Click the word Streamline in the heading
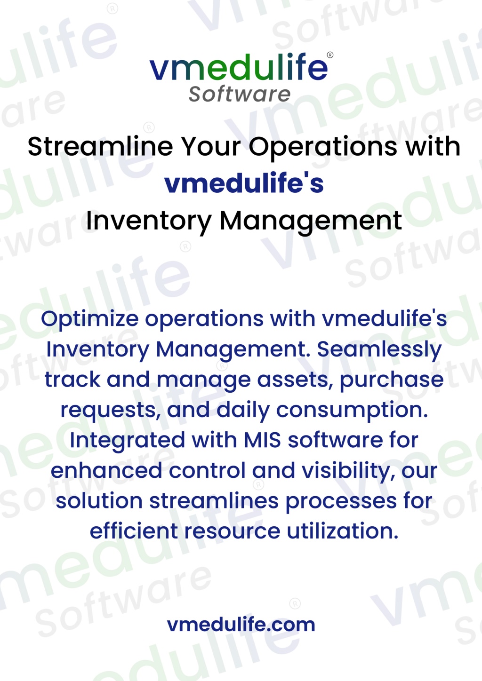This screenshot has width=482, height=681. [x=100, y=147]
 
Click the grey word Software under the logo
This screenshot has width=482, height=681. [x=240, y=94]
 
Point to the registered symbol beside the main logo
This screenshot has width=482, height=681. [x=330, y=55]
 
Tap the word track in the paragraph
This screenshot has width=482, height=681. [x=72, y=380]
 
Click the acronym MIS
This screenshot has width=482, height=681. [x=262, y=441]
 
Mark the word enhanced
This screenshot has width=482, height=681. [x=106, y=471]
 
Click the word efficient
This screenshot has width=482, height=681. [x=134, y=531]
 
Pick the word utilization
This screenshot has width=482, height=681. [x=342, y=531]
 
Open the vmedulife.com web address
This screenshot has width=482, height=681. [x=241, y=625]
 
